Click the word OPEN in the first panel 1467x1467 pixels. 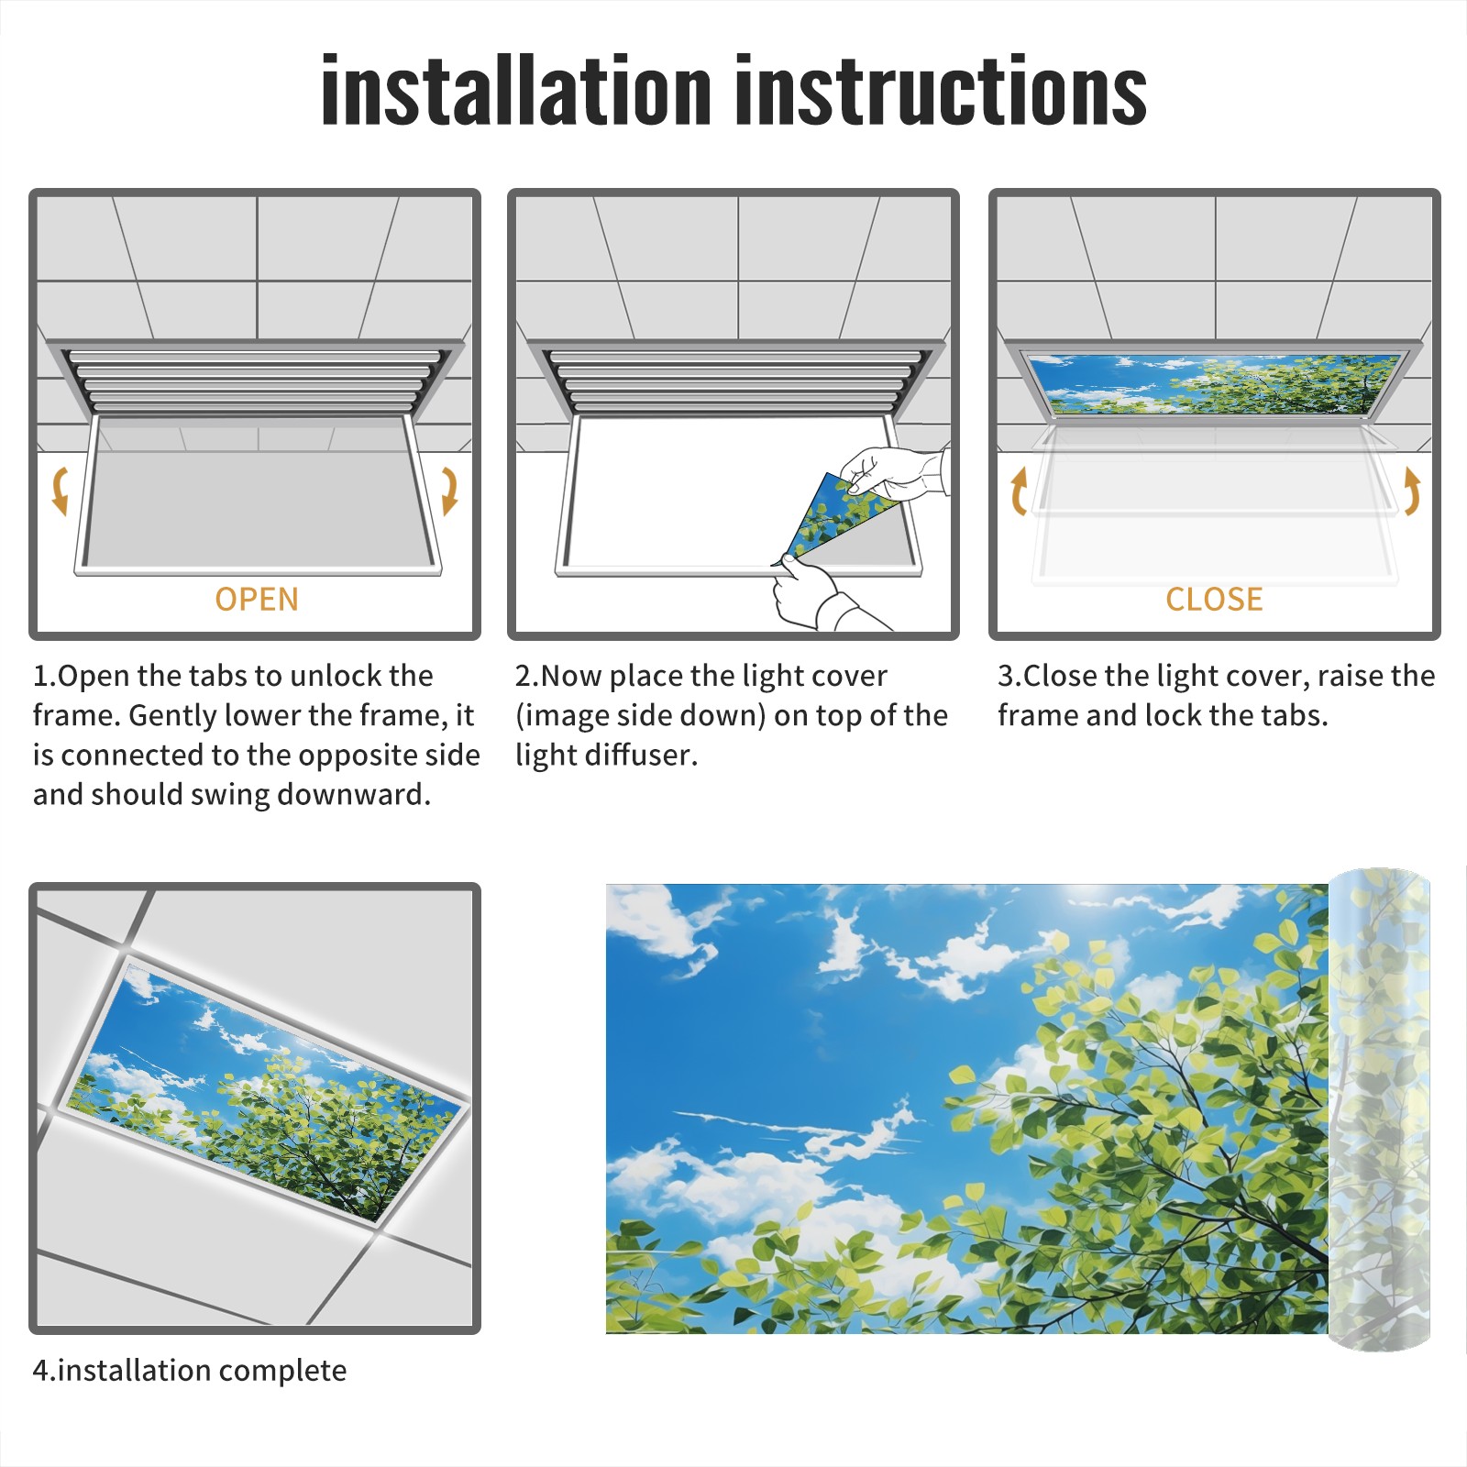pos(257,600)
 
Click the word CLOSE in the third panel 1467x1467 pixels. pos(1214,600)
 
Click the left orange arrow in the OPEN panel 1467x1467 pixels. pos(61,491)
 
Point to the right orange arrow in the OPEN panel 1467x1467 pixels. pos(449,491)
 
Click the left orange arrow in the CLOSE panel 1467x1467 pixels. pos(1019,491)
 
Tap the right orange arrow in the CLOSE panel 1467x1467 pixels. pos(1412,491)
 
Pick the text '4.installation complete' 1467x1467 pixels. pos(190,1371)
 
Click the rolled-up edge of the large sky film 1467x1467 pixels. pos(1379,1109)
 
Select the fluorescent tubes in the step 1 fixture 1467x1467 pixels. pos(257,380)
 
